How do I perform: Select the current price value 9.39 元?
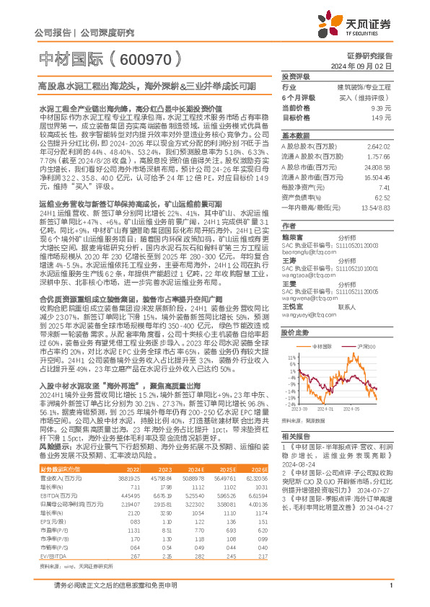tap(381, 107)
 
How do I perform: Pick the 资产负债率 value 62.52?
tap(382, 198)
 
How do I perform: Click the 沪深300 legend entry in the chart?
tap(358, 327)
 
